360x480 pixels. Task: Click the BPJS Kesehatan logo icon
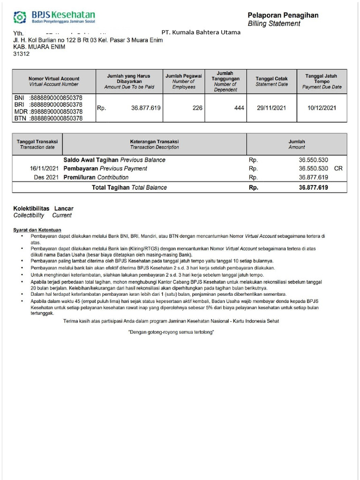click(19, 17)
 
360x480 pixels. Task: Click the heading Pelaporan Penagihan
click(283, 15)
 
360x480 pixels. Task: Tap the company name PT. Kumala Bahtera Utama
click(201, 32)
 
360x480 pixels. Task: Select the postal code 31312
click(22, 54)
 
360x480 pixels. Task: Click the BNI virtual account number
click(56, 97)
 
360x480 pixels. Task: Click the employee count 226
click(197, 108)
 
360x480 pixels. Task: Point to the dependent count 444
click(239, 108)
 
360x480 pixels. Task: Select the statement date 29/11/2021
click(272, 108)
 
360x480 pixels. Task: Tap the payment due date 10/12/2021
click(322, 108)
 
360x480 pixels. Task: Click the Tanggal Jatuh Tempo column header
click(322, 81)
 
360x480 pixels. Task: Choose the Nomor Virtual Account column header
click(54, 81)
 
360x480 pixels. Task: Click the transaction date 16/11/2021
click(45, 168)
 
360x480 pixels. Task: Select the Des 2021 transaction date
click(46, 177)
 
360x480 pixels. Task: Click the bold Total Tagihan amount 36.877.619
click(313, 187)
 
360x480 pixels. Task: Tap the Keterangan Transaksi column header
click(154, 144)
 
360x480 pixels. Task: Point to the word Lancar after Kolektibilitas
click(64, 208)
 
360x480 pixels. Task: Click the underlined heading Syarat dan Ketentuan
click(37, 230)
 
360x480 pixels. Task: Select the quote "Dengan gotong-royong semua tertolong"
click(171, 332)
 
